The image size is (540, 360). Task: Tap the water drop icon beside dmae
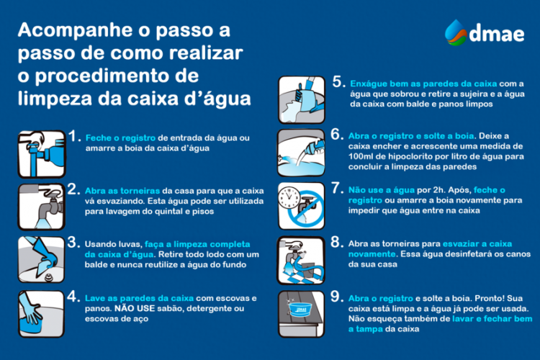(x=455, y=32)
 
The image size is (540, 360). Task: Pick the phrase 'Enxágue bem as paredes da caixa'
(x=421, y=83)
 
